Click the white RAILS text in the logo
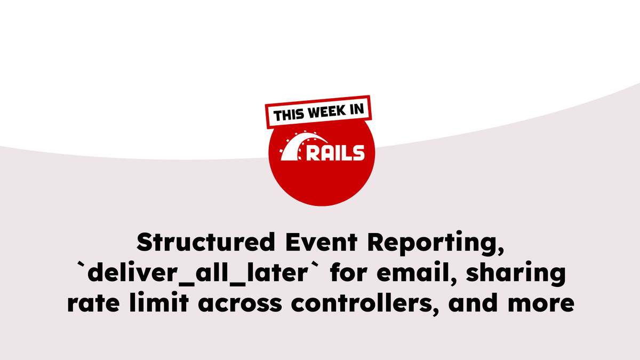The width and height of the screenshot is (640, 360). pos(335,153)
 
